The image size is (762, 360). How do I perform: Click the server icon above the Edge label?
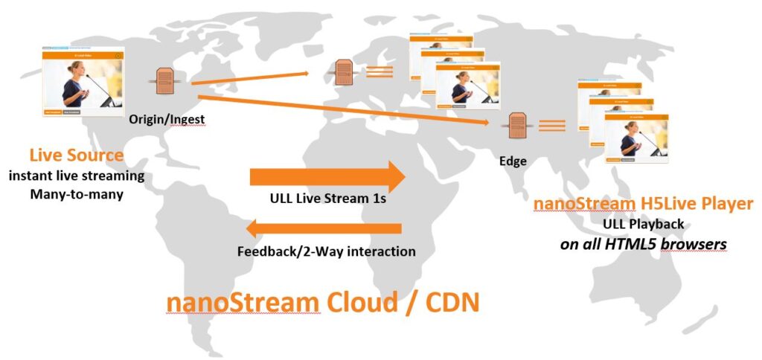516,126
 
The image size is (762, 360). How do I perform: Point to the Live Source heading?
77,155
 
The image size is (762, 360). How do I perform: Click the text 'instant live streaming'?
77,176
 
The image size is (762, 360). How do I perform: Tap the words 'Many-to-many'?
77,194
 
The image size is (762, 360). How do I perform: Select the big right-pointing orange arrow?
327,176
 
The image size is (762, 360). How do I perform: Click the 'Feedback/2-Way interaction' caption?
326,251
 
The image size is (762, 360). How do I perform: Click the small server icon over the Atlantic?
343,73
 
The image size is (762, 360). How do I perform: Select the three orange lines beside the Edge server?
552,126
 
